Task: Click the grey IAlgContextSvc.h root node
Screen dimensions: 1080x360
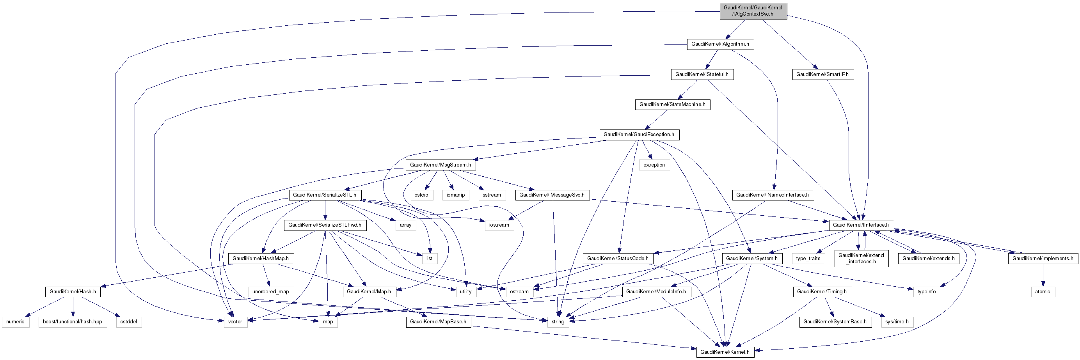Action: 753,11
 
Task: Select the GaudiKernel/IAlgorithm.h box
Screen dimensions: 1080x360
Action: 720,44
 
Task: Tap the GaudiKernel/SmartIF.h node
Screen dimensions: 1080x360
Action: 822,74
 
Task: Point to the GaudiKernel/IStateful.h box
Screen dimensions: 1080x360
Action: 702,74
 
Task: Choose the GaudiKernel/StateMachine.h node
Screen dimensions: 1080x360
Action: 672,105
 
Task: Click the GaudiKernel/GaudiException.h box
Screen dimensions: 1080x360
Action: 639,135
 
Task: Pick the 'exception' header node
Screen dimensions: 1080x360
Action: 654,165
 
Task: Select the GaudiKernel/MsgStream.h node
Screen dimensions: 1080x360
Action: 440,165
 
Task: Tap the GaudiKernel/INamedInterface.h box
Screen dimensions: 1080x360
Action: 772,195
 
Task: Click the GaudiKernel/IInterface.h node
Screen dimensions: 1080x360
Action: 861,225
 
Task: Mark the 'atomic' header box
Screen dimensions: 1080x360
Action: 1042,292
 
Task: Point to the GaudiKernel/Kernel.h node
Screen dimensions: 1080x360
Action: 725,352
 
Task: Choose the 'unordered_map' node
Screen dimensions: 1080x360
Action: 270,292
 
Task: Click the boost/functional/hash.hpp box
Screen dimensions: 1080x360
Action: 73,322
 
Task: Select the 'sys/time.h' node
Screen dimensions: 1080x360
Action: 897,322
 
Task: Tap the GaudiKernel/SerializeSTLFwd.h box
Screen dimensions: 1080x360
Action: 325,225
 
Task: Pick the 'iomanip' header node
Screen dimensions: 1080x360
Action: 455,195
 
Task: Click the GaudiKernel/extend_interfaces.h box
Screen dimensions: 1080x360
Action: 861,259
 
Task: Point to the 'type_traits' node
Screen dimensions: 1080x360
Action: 808,259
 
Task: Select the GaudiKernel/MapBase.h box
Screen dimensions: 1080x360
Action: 438,322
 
